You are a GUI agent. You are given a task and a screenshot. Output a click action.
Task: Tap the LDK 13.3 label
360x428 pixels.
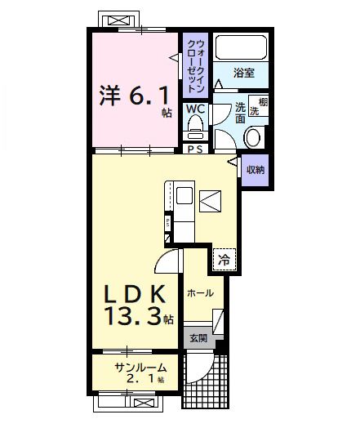coord(136,304)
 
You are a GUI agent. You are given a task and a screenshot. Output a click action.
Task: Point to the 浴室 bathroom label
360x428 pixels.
coord(243,73)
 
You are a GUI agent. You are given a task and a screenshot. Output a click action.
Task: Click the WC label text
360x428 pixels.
coord(195,108)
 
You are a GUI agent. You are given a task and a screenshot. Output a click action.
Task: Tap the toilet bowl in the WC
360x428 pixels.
coord(195,127)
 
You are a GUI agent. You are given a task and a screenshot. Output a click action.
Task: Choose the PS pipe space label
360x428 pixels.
coord(195,149)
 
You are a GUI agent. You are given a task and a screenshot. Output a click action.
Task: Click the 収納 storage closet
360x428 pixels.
coord(256,170)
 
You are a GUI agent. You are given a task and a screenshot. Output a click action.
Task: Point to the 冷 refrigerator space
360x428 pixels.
coord(223,261)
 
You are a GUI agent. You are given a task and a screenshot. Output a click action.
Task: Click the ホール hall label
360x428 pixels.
coord(200,292)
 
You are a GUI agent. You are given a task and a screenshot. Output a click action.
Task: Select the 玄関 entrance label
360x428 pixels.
coord(198,338)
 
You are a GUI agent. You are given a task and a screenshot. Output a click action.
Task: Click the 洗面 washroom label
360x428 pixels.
coord(241,113)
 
